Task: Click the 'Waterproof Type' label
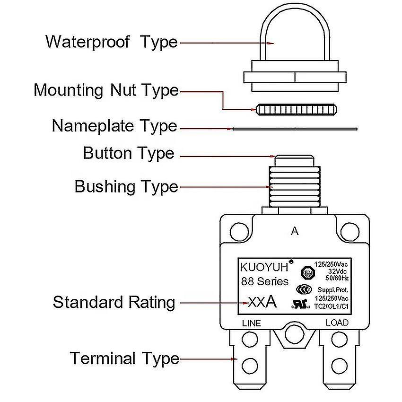[x=111, y=42]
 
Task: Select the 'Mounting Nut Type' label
[x=106, y=90]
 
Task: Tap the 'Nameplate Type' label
[x=114, y=126]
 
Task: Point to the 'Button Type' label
[x=128, y=153]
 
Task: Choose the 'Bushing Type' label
[x=126, y=186]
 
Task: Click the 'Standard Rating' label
[x=114, y=302]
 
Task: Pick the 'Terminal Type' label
[x=124, y=358]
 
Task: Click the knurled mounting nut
[x=296, y=110]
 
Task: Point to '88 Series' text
[x=265, y=281]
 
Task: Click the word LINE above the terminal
[x=251, y=323]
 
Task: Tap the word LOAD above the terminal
[x=337, y=323]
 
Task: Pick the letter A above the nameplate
[x=295, y=231]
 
